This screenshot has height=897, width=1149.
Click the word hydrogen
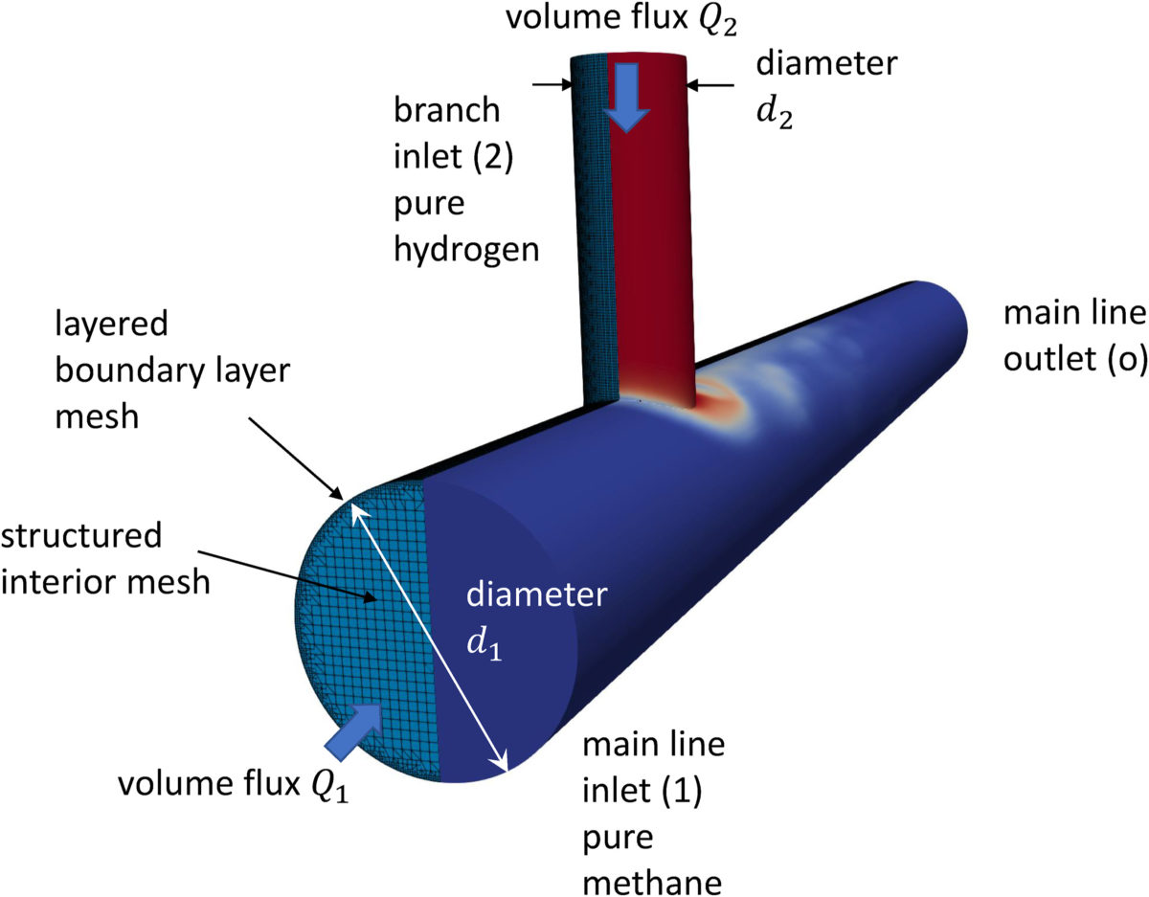click(468, 250)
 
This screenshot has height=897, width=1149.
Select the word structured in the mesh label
click(81, 537)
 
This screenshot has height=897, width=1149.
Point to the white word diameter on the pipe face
click(535, 596)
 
